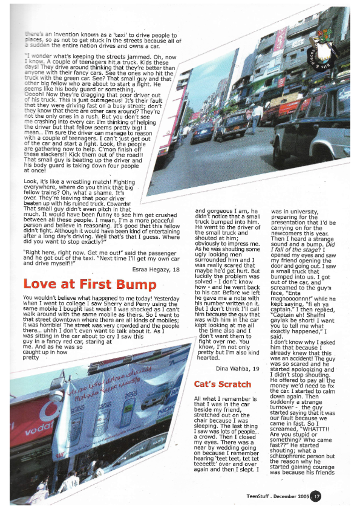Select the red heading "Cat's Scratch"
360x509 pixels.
point(222,384)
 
